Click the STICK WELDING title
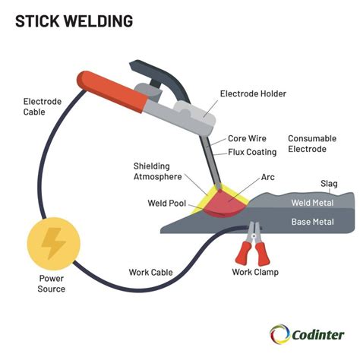(74, 21)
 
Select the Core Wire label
(247, 139)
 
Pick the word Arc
(268, 178)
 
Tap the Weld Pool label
(168, 204)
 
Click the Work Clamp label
(255, 272)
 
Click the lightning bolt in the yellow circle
(52, 244)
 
